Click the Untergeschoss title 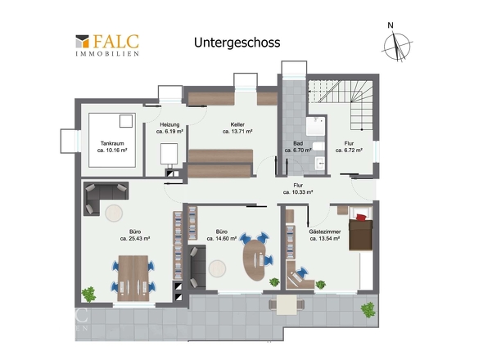(237, 43)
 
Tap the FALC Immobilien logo (107, 45)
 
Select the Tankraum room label (112, 143)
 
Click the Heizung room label (169, 124)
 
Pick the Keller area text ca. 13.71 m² (237, 132)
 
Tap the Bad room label (298, 143)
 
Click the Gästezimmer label (325, 232)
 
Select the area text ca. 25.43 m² (135, 238)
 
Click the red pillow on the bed (361, 217)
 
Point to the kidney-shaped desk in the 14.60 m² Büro (255, 259)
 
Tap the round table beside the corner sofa (114, 213)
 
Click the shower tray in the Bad (316, 126)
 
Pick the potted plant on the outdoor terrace (368, 310)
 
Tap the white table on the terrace (287, 305)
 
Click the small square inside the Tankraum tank (126, 121)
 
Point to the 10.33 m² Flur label (298, 189)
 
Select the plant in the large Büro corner (88, 294)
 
